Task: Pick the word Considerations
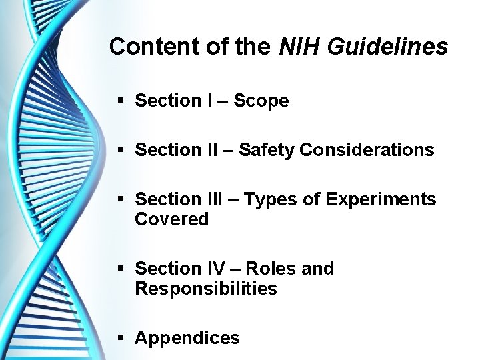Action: pyautogui.click(x=367, y=150)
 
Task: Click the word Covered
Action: pyautogui.click(x=172, y=219)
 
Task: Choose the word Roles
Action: pyautogui.click(x=273, y=269)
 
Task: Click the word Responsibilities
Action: pyautogui.click(x=205, y=289)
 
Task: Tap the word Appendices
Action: pyautogui.click(x=187, y=338)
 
